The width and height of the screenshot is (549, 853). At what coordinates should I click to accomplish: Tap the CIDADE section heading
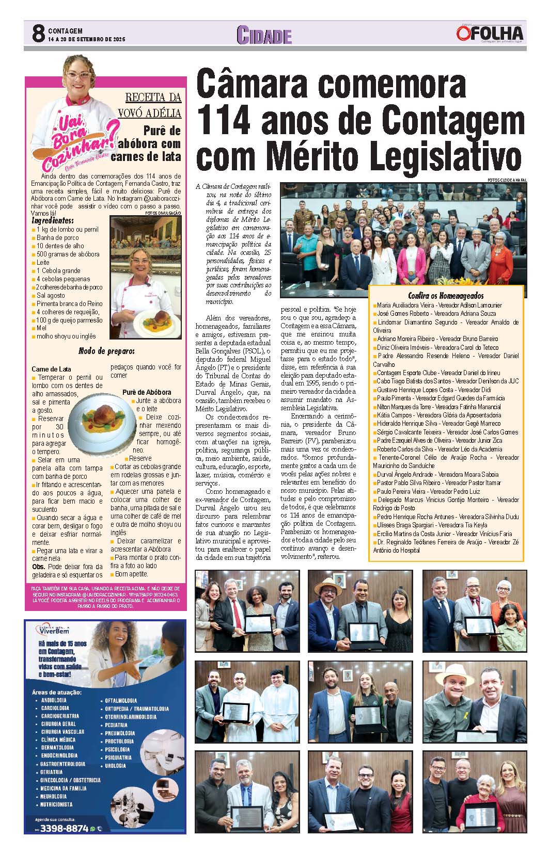264,35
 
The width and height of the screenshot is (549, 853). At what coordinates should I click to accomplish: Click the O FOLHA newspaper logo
490,34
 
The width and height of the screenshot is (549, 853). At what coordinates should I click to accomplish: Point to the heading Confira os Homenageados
446,296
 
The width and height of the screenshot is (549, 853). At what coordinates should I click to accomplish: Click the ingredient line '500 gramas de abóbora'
68,254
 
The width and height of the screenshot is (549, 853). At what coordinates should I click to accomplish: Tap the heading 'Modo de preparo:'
106,351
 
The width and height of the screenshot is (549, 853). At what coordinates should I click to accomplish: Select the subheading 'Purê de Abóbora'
147,392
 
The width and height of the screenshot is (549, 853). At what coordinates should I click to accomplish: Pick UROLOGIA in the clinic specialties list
115,766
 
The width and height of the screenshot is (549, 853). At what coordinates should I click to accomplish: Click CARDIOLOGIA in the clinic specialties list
55,708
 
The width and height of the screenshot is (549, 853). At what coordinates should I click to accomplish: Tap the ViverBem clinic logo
53,630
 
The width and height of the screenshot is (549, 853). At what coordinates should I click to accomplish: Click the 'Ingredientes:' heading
53,221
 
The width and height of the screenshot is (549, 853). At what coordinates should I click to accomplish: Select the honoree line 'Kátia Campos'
395,415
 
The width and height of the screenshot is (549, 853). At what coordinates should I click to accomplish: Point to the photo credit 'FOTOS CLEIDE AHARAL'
507,180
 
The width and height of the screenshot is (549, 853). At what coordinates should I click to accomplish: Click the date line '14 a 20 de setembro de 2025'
87,39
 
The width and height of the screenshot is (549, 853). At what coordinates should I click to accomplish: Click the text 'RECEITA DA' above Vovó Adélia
153,97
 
